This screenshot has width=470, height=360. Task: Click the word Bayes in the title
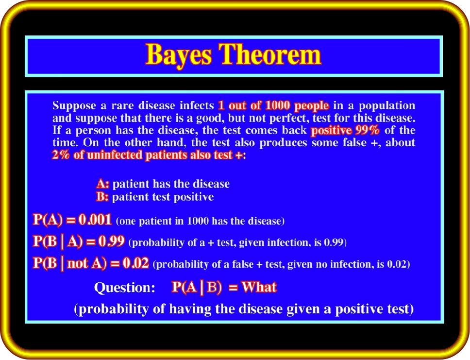pyautogui.click(x=178, y=55)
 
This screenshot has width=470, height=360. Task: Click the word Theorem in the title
pyautogui.click(x=270, y=54)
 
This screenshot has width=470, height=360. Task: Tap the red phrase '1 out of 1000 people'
pyautogui.click(x=273, y=106)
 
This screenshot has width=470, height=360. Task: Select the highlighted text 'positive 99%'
pyautogui.click(x=345, y=131)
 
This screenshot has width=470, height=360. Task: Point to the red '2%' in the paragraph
pyautogui.click(x=60, y=155)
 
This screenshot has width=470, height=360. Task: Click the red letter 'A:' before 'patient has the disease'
pyautogui.click(x=103, y=184)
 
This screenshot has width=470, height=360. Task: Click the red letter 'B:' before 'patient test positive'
pyautogui.click(x=102, y=197)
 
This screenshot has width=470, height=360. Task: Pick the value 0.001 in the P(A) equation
pyautogui.click(x=95, y=220)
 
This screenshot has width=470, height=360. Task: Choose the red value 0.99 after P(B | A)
pyautogui.click(x=111, y=241)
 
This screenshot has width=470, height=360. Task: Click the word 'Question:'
pyautogui.click(x=124, y=288)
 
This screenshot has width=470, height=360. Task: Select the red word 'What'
pyautogui.click(x=259, y=287)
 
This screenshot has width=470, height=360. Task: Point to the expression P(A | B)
pyautogui.click(x=197, y=288)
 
